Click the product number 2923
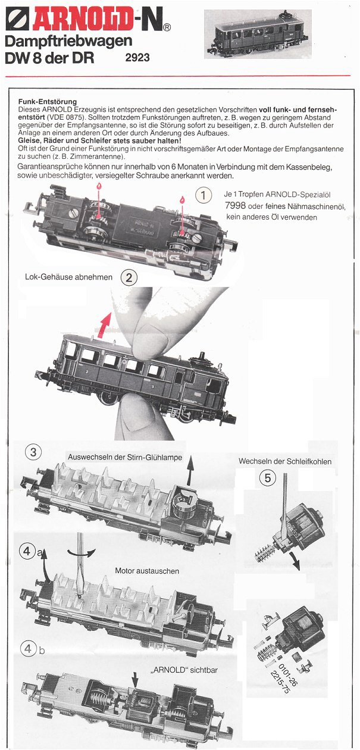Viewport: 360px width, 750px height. [137, 58]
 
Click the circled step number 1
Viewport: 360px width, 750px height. [204, 195]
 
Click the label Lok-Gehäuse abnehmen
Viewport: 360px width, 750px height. [69, 277]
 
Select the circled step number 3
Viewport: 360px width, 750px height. [33, 452]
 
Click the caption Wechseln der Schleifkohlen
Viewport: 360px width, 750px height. [285, 461]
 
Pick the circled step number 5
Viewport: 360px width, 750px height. [268, 477]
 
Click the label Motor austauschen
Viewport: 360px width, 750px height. [147, 570]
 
